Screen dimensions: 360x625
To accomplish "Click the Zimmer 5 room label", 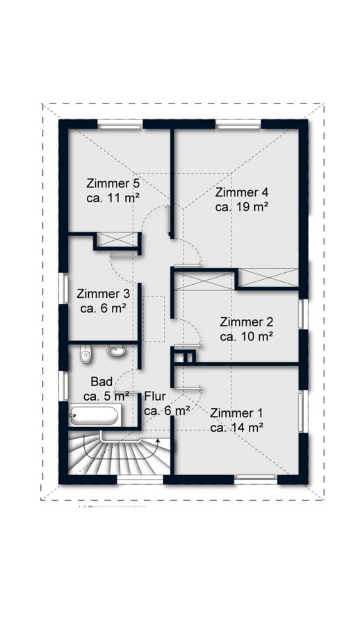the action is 113,184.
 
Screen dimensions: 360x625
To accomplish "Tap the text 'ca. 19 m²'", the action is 241,207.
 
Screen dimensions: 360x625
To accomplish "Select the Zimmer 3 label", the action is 103,294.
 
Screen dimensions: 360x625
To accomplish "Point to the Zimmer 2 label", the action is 246,322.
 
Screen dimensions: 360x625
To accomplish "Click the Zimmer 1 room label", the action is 236,413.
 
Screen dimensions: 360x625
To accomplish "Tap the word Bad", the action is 101,381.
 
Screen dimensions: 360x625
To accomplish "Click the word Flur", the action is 155,397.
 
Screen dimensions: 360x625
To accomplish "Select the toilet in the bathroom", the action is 85,354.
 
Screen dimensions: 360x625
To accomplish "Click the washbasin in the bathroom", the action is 116,351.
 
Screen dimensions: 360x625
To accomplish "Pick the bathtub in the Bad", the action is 95,416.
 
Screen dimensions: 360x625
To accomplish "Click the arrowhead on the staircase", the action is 158,441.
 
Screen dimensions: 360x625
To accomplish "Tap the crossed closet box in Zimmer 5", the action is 117,240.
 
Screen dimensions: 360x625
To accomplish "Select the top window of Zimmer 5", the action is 120,126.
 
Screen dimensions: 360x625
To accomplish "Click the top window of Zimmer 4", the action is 238,126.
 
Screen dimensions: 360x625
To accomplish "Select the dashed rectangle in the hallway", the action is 154,319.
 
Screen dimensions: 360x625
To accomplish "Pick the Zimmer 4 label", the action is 242,192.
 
